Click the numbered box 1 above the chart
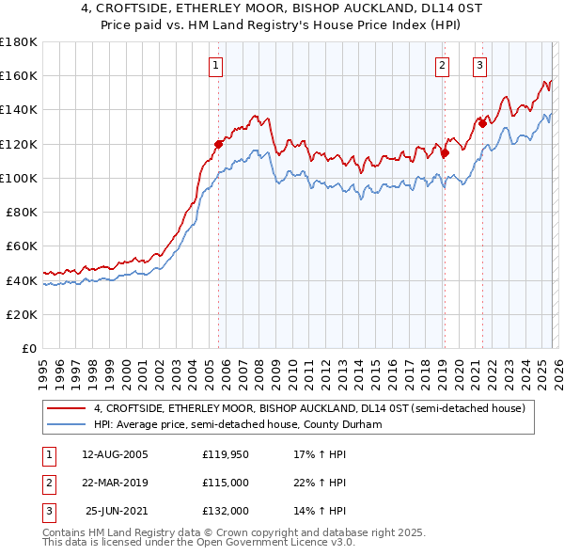(x=216, y=65)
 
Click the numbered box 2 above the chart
(x=442, y=65)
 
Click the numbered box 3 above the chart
(x=480, y=65)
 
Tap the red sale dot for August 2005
(x=218, y=144)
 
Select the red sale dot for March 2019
(x=446, y=152)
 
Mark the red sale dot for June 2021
(x=482, y=123)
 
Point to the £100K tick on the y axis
(x=19, y=178)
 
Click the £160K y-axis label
(x=19, y=75)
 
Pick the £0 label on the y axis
(x=28, y=349)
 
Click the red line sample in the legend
(x=66, y=408)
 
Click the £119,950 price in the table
(x=226, y=454)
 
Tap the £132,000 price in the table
(x=226, y=511)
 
